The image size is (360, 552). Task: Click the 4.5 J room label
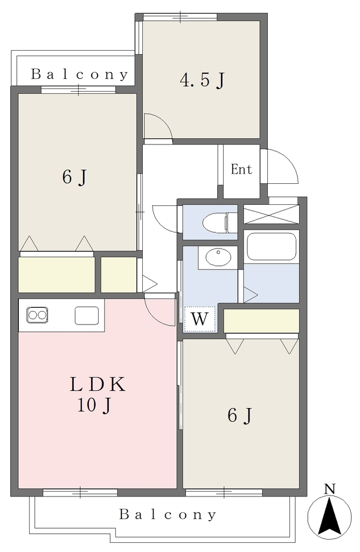pos(202,80)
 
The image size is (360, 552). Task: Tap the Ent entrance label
pos(241,169)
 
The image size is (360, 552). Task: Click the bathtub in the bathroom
pos(271,246)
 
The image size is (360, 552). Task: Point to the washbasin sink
pos(218,257)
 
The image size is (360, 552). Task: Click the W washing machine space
pos(199,319)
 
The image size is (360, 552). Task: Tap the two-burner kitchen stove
pos(37,315)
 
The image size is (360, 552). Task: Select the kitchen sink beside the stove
pos(87,315)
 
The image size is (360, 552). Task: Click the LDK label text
pos(98,384)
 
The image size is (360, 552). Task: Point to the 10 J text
pos(94,405)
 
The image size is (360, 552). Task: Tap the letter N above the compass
pos(329,488)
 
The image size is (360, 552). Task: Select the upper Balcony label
pos(80,74)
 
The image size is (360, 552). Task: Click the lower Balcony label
pos(168,515)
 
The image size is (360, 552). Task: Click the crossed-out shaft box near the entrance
pos(271,214)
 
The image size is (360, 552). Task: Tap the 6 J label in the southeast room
pos(240,415)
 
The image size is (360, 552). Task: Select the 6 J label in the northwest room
pos(74,176)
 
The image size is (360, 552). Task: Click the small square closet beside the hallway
pos(119,274)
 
